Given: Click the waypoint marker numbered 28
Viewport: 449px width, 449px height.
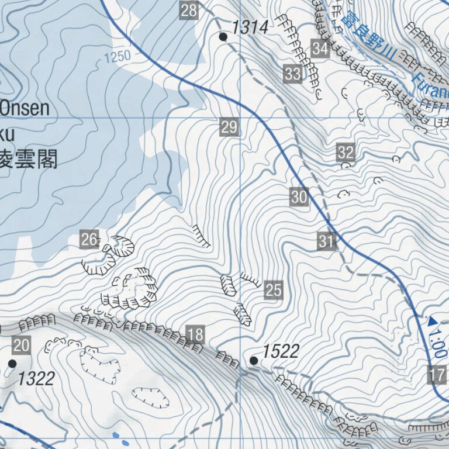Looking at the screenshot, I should (x=189, y=10).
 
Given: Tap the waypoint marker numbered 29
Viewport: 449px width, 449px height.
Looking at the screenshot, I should (x=230, y=127).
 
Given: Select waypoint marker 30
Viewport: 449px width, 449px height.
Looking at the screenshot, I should (x=299, y=197).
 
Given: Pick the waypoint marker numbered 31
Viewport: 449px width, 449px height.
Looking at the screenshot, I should (x=326, y=241).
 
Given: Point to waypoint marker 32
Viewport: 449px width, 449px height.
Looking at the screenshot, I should (x=346, y=153).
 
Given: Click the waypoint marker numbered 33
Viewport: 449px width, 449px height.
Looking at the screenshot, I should (x=293, y=74).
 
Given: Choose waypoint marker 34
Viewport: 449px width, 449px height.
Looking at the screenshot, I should (x=320, y=49).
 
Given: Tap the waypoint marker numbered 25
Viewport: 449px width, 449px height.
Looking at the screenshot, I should (x=274, y=290).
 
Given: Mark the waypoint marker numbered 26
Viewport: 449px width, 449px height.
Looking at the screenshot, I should (x=89, y=239).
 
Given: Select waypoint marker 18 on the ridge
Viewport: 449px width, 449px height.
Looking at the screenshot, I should (x=196, y=334).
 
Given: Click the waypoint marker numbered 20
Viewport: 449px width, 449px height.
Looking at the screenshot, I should (x=21, y=346).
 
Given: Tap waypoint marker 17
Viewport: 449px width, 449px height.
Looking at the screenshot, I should (x=437, y=374).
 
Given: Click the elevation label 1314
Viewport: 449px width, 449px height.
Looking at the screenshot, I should (x=250, y=27).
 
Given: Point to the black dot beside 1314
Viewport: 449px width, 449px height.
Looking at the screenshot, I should (x=223, y=37).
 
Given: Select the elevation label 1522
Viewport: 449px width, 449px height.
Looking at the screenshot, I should (x=281, y=351).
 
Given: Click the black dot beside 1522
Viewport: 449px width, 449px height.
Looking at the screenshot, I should (x=254, y=361).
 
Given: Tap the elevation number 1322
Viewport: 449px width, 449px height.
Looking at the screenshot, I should (x=36, y=379).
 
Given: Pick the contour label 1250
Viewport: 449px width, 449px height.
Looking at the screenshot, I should (x=116, y=57).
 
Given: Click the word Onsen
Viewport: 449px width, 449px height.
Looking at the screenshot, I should (x=25, y=109).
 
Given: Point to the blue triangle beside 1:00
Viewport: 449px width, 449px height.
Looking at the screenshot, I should (x=433, y=321).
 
